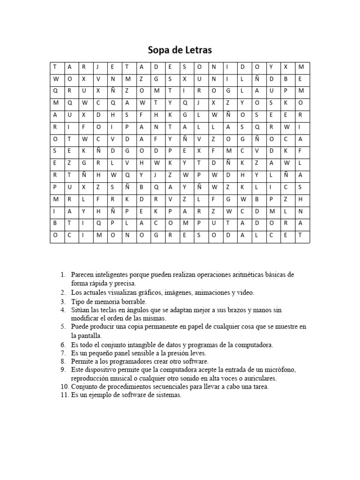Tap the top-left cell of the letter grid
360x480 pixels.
tap(56, 67)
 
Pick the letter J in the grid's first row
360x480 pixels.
tap(98, 67)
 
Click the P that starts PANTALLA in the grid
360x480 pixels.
tap(127, 127)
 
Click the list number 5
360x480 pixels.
tap(64, 327)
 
